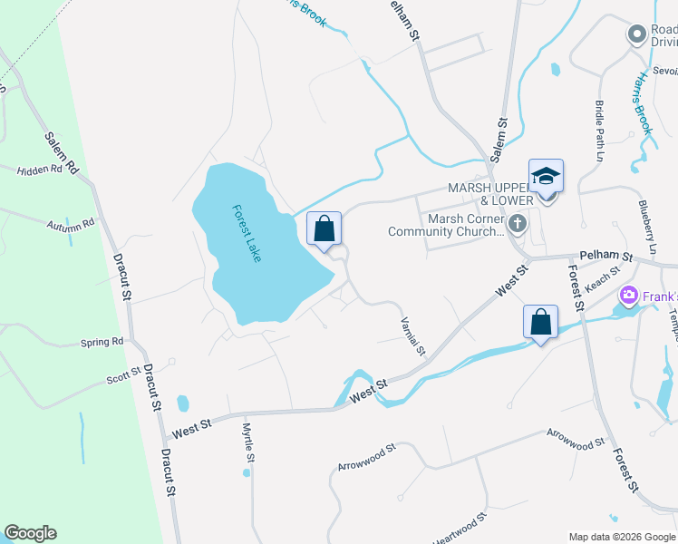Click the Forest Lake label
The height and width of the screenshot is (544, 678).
coord(247,233)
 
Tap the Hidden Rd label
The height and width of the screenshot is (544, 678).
coord(39,170)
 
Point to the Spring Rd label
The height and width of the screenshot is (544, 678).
coord(102,342)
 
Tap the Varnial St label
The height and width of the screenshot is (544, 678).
coord(413,335)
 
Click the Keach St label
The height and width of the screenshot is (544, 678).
coord(602,278)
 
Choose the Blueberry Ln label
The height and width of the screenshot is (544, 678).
coord(647,227)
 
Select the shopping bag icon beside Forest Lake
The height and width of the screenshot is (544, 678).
coord(324,229)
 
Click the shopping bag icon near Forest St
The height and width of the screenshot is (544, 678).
coord(540,322)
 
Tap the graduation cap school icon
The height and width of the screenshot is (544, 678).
coord(546,176)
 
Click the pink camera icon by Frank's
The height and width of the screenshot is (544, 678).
coord(628,296)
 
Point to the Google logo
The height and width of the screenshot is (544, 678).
coord(31,533)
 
